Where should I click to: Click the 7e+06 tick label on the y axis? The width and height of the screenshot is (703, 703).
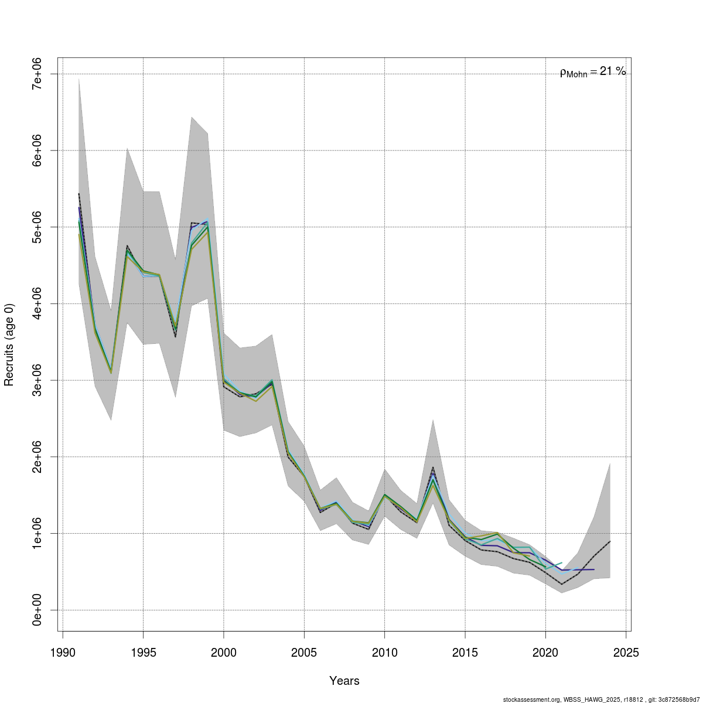pyautogui.click(x=37, y=74)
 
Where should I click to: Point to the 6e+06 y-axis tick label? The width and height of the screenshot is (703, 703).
pyautogui.click(x=37, y=151)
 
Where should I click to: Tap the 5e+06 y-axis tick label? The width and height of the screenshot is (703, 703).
pyautogui.click(x=37, y=227)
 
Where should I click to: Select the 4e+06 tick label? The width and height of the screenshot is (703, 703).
pyautogui.click(x=37, y=303)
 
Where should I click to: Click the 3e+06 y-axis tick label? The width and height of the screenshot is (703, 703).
pyautogui.click(x=37, y=380)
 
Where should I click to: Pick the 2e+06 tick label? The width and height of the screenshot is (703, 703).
pyautogui.click(x=37, y=456)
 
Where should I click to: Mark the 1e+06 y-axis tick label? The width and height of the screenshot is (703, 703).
pyautogui.click(x=37, y=533)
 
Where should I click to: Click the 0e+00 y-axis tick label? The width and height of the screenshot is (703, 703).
pyautogui.click(x=37, y=610)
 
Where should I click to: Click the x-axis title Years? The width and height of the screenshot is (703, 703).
pyautogui.click(x=344, y=681)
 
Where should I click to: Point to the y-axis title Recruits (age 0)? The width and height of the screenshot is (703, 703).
pyautogui.click(x=9, y=344)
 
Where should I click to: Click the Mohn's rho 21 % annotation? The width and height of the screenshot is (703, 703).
pyautogui.click(x=593, y=72)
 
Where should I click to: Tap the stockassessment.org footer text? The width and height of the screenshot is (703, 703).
pyautogui.click(x=602, y=699)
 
